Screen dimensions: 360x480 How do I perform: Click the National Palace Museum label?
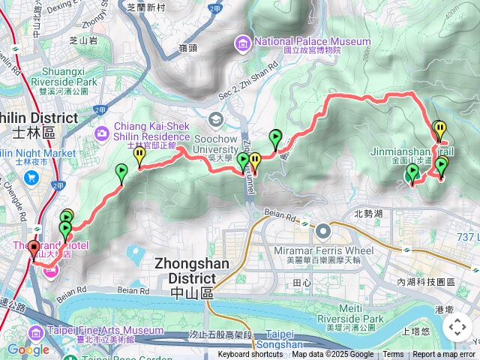[312, 41]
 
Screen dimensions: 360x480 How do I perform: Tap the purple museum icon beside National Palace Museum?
[242, 44]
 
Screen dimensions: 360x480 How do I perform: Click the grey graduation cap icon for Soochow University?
[216, 120]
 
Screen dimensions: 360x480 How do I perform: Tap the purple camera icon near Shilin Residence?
[100, 133]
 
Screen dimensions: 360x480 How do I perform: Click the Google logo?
[28, 349]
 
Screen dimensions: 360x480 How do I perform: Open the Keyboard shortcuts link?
[250, 355]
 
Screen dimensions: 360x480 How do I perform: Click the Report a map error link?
[443, 355]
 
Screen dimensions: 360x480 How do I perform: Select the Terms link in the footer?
[393, 355]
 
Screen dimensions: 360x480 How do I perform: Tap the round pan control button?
[457, 327]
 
